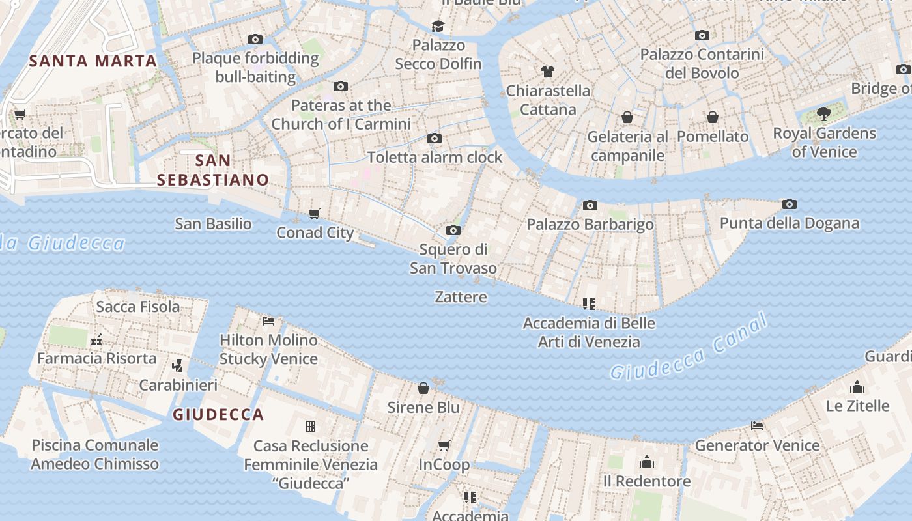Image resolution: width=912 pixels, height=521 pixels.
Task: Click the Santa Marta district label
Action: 93,61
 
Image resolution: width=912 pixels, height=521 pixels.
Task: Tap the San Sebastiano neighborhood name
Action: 214,170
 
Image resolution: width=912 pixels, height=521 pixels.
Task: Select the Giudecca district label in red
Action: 218,415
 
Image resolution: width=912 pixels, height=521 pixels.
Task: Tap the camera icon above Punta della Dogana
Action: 789,204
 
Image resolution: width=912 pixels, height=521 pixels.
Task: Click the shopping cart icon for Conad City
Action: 315,214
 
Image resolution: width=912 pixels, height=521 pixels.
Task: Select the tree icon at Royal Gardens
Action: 824,114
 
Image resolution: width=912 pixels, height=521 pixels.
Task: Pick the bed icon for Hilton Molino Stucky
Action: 268,320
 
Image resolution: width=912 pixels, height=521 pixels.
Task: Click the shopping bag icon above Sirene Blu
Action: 423,388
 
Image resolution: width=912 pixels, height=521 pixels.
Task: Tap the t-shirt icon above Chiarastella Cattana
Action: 548,72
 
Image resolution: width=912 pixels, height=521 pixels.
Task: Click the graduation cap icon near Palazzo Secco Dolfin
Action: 438,26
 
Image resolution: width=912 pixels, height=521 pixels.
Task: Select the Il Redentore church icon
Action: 646,462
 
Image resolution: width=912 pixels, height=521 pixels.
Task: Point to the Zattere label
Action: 461,297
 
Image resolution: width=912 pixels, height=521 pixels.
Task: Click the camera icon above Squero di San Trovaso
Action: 453,230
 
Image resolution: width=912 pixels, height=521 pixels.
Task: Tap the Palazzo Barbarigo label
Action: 590,225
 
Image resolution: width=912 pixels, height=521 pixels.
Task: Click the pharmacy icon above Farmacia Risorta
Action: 96,339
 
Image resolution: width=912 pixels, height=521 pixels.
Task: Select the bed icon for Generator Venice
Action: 756,426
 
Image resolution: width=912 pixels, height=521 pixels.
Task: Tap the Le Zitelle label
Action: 857,406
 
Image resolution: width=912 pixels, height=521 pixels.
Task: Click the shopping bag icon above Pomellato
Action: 713,117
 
